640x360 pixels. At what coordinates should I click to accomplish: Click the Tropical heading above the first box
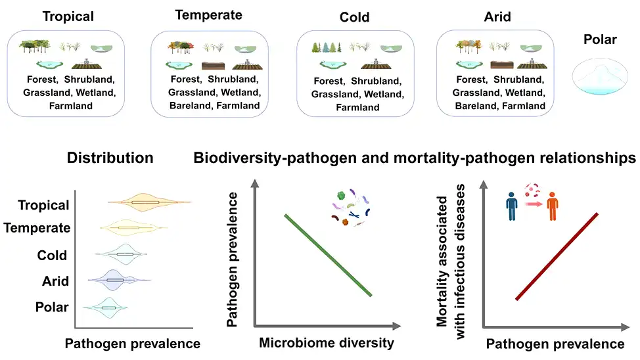coord(68,16)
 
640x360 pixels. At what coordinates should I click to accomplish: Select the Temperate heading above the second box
coord(209,14)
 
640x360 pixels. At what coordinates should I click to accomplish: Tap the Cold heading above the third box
coord(354,17)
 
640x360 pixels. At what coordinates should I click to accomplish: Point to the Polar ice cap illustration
coord(600,74)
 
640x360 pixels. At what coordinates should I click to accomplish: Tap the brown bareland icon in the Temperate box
coord(215,65)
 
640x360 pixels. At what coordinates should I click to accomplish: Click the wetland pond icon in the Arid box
coord(470,64)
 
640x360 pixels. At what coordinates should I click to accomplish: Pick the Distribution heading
coord(110,158)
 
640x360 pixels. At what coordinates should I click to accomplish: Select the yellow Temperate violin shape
coord(130,228)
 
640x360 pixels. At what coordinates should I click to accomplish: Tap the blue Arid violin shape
coord(116,280)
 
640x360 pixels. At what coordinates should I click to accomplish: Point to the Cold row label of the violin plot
coord(52,256)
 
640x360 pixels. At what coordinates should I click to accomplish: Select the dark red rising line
coord(557,256)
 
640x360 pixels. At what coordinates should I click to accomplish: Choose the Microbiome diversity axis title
coord(327,342)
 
